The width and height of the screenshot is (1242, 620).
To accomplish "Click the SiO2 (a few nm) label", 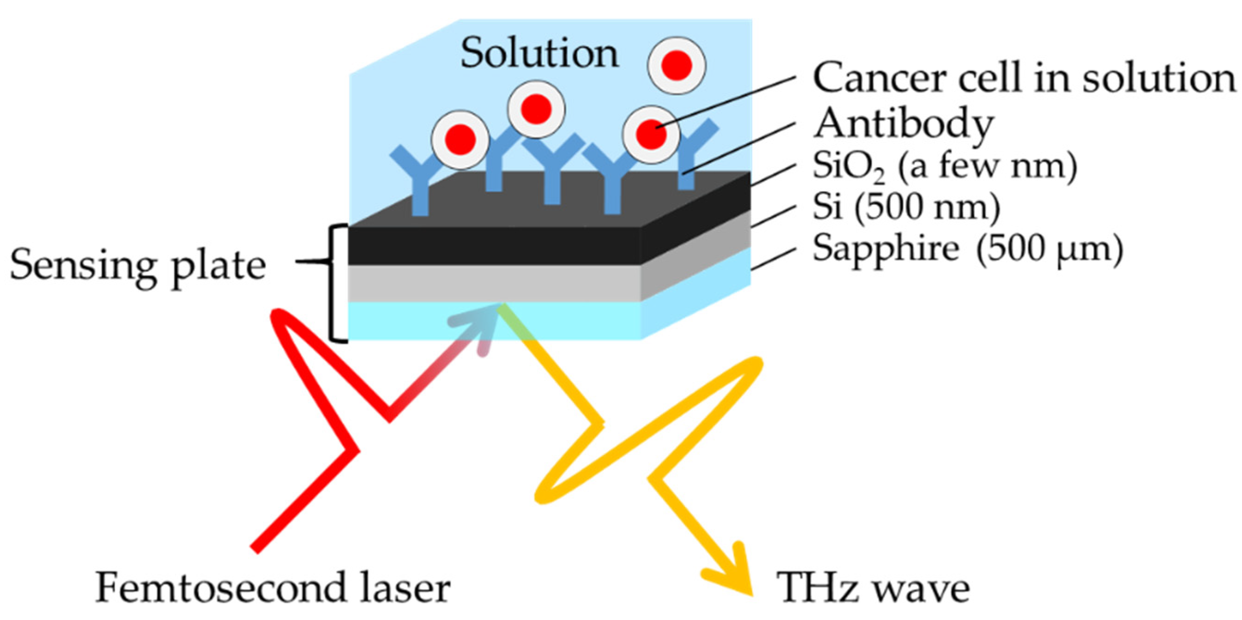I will (x=944, y=166).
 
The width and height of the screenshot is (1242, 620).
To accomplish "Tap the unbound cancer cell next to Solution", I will (x=677, y=66).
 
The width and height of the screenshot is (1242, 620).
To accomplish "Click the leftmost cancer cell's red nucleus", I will (x=460, y=140).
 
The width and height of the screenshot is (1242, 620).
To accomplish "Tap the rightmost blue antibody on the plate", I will (x=690, y=154).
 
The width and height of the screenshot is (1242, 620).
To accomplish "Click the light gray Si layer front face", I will (x=494, y=284).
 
